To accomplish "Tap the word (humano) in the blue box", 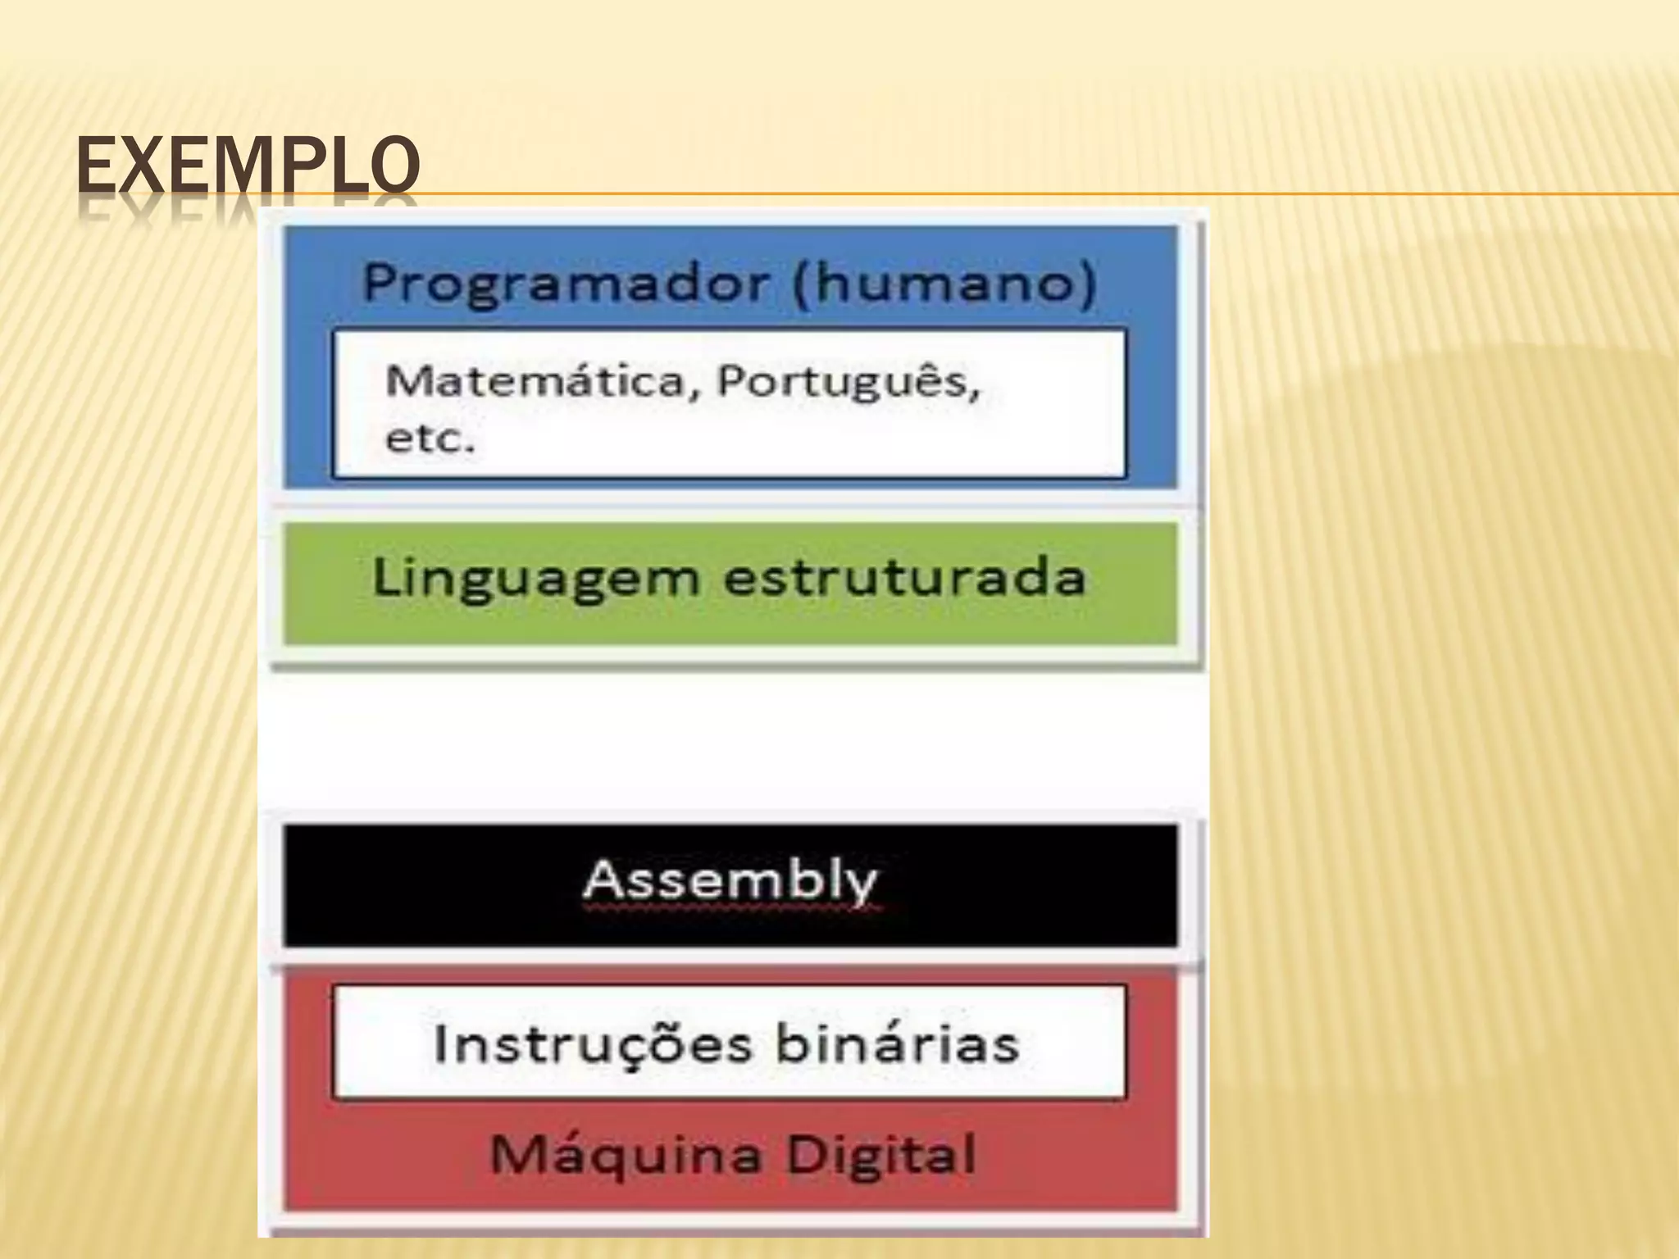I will [944, 282].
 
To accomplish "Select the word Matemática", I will [535, 381].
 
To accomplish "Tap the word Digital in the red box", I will [880, 1154].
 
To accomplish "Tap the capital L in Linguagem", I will [386, 577].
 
